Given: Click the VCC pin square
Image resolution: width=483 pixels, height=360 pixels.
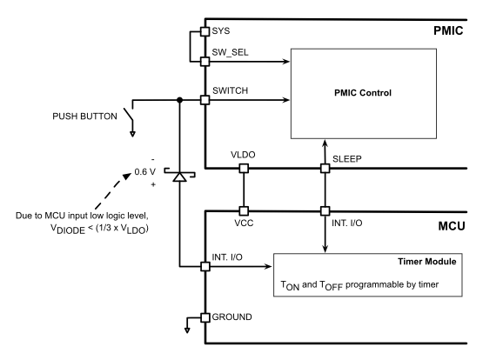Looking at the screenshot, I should (244, 210).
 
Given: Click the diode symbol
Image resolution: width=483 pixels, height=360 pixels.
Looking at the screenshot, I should (179, 177).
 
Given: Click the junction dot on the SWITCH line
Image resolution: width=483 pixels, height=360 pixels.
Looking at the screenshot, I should (179, 100).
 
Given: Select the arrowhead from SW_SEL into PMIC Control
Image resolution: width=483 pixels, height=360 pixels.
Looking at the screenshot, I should (286, 62).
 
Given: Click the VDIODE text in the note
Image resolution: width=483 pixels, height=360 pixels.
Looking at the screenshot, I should (93, 236).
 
